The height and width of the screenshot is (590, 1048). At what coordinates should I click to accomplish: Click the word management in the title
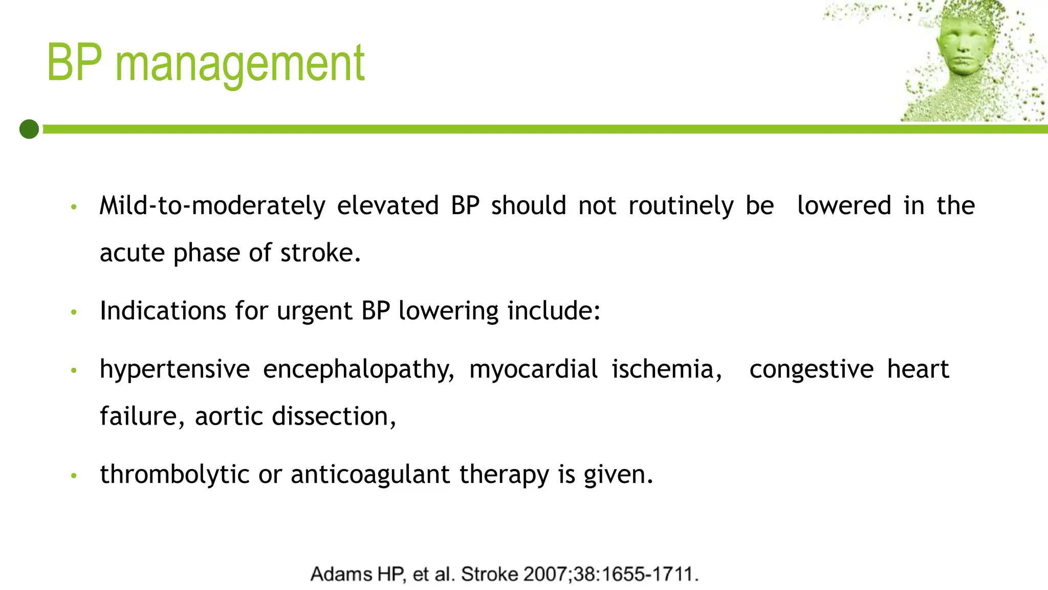click(239, 64)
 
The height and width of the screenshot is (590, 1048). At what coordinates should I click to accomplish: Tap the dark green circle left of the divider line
click(29, 129)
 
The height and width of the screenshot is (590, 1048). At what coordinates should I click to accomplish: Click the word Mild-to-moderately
click(212, 206)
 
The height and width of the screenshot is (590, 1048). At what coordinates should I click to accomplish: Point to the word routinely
click(681, 206)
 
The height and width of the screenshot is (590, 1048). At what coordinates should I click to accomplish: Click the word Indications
click(162, 311)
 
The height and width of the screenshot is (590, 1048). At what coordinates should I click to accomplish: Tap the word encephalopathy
click(359, 370)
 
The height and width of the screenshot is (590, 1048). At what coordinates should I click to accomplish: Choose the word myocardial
click(533, 369)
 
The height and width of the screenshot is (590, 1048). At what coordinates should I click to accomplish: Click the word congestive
click(812, 370)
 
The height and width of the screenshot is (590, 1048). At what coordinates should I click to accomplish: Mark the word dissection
click(333, 416)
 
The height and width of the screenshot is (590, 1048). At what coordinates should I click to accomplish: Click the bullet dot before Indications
click(74, 312)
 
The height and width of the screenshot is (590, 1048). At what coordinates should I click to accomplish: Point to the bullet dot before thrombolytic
click(74, 476)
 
